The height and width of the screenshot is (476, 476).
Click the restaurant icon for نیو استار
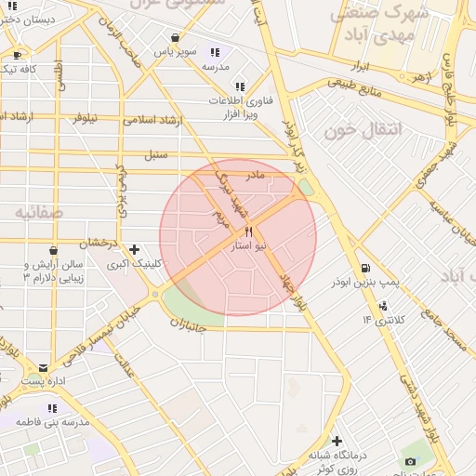tap(248, 231)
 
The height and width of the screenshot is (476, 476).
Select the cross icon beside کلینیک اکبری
tap(136, 249)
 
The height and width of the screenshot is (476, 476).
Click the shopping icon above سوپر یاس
tap(175, 38)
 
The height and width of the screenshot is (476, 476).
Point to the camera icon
tap(410, 461)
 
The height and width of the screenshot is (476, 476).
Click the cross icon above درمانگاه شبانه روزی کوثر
tap(337, 441)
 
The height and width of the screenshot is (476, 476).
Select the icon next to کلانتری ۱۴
tap(383, 306)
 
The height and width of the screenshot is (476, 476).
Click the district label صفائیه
tap(38, 213)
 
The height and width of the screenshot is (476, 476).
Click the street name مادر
tap(255, 174)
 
